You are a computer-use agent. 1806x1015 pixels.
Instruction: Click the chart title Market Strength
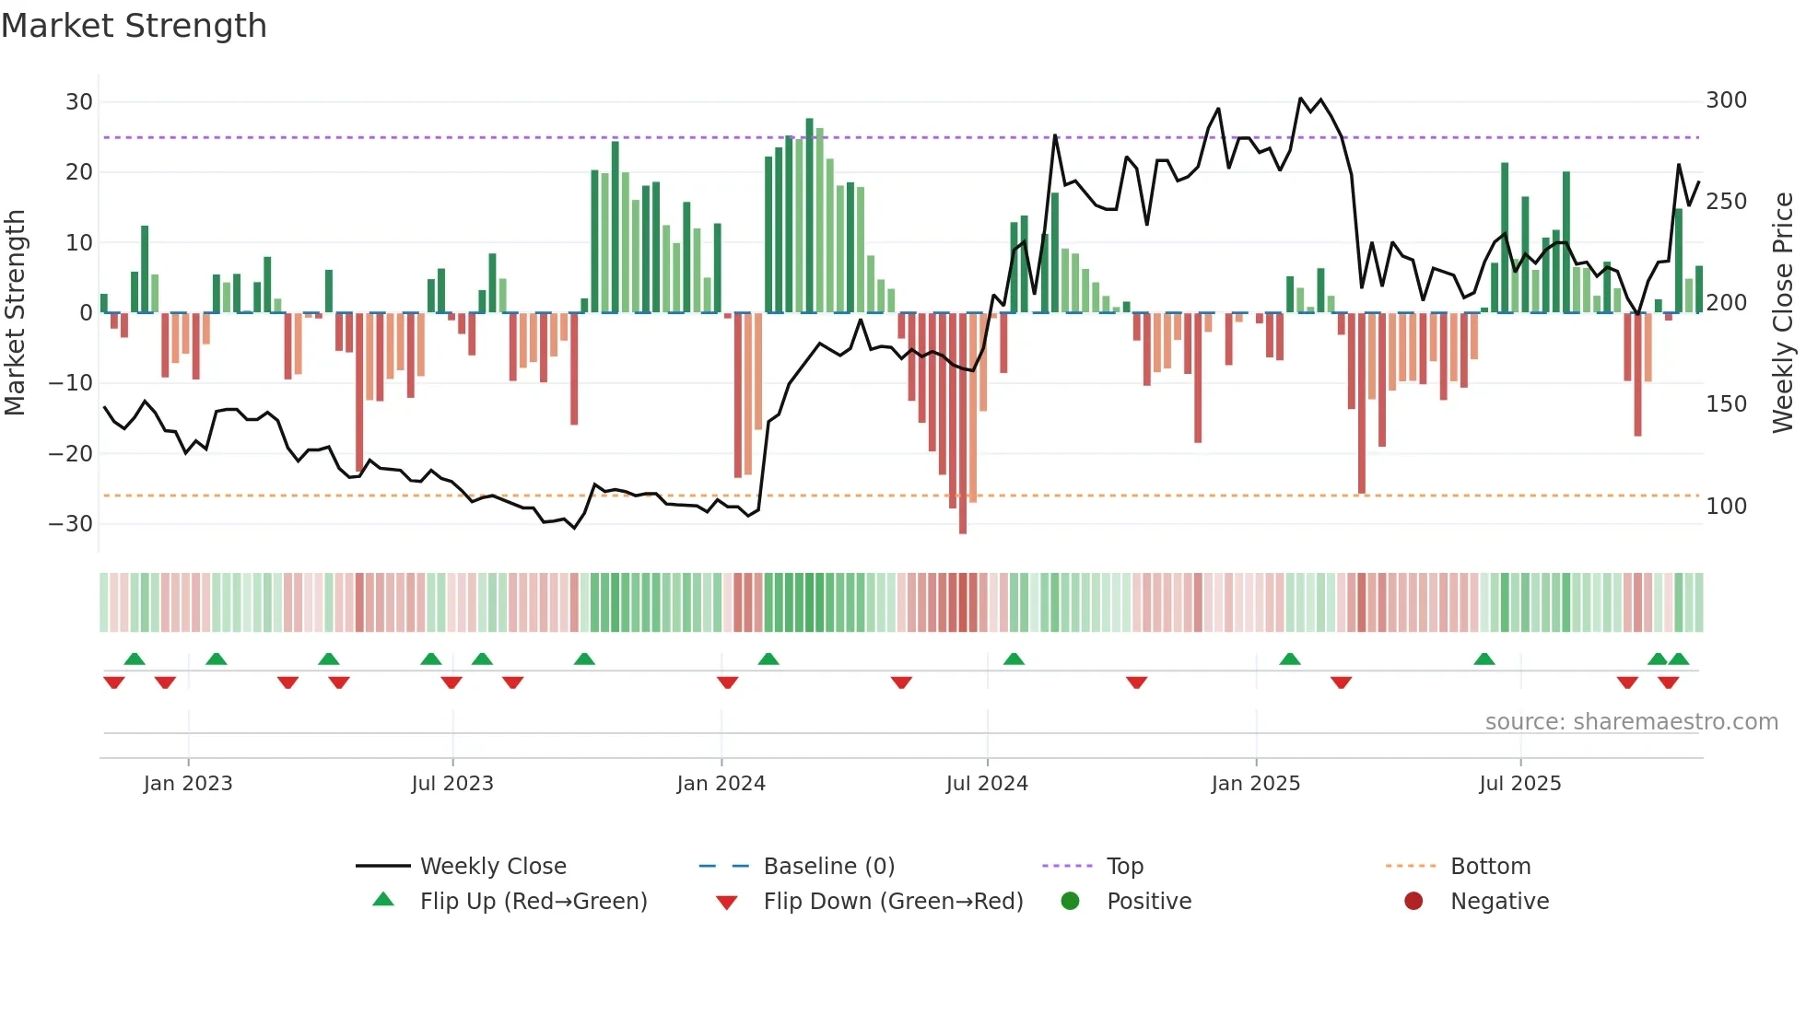tap(134, 26)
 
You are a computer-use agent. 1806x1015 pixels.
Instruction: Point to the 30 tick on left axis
tap(79, 102)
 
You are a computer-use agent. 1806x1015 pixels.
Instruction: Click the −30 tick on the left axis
tap(71, 524)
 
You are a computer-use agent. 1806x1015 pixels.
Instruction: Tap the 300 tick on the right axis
tap(1726, 100)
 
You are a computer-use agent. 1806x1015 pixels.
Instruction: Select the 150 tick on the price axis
tap(1726, 404)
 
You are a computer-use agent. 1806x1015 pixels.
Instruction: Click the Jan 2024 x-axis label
tap(721, 784)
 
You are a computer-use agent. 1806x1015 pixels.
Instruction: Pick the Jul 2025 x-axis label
tap(1519, 784)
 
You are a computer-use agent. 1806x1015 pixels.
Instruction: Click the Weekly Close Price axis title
tap(1783, 313)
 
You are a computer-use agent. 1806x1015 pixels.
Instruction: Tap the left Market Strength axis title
tap(16, 313)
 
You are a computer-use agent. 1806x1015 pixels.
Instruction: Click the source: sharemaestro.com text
tap(1631, 722)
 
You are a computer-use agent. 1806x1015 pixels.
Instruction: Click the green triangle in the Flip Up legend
tap(383, 900)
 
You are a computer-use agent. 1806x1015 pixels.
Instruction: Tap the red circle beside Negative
tap(1413, 901)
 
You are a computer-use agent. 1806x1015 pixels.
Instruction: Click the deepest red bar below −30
tap(963, 424)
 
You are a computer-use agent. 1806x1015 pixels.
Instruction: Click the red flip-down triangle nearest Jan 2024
tap(727, 682)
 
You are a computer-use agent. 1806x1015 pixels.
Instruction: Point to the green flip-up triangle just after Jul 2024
tap(1014, 659)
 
